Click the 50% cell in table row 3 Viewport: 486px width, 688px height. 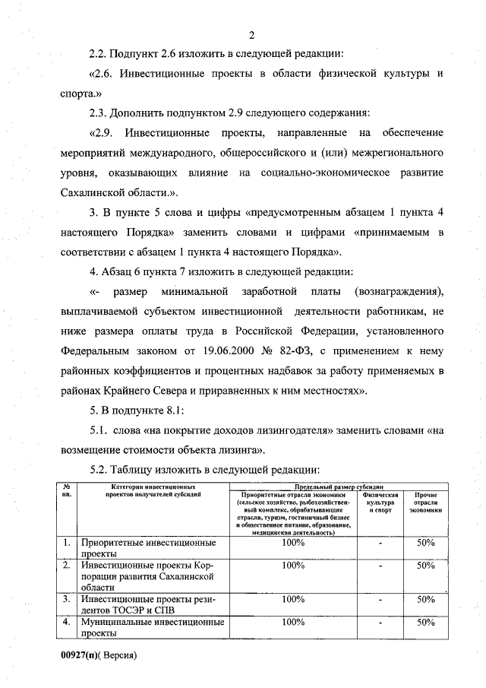point(425,599)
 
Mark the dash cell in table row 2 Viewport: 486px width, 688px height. point(380,566)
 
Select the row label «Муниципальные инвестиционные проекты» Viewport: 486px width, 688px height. point(152,627)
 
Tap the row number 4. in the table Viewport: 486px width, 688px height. point(67,622)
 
